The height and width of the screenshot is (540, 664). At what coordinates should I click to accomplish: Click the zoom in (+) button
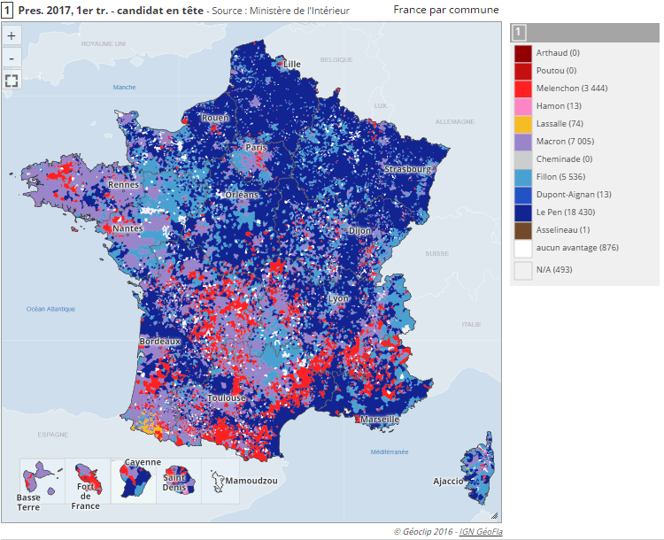point(12,36)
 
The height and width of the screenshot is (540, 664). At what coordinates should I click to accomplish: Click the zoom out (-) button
point(12,58)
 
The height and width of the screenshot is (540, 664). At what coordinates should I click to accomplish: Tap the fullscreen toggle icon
point(12,81)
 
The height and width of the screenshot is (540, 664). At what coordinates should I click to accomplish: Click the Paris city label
point(257,148)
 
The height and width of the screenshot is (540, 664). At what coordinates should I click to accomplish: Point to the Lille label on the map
point(292,64)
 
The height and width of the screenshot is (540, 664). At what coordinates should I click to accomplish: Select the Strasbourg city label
point(407,169)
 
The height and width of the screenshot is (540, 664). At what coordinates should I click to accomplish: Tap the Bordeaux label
point(160,341)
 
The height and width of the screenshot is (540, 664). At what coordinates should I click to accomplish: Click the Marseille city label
point(380,419)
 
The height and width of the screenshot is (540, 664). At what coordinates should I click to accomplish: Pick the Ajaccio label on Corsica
point(448,482)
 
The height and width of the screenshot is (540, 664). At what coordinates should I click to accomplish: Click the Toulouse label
point(227,398)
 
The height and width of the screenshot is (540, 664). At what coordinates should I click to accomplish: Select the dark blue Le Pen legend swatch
point(522,212)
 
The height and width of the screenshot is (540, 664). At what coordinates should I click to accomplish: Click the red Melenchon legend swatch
point(522,89)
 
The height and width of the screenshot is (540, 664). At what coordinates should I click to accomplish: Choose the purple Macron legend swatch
point(522,142)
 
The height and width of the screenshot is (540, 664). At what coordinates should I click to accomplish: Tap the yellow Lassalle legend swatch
point(522,124)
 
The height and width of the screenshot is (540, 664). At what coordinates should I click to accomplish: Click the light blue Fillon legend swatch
point(522,177)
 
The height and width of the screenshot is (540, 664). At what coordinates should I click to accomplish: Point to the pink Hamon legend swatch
point(522,106)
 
